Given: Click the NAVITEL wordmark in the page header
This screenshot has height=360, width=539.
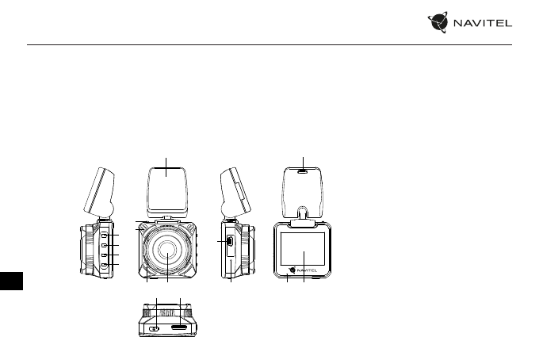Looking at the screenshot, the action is pyautogui.click(x=482, y=23).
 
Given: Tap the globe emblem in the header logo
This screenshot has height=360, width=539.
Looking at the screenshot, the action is pyautogui.click(x=438, y=22).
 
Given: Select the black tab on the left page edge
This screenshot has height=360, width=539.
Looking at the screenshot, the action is pyautogui.click(x=11, y=281).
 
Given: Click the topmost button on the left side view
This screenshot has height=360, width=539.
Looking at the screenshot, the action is pyautogui.click(x=104, y=235).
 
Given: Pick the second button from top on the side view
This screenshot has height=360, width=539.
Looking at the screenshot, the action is pyautogui.click(x=104, y=245).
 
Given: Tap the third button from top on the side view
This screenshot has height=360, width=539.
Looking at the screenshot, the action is pyautogui.click(x=104, y=255).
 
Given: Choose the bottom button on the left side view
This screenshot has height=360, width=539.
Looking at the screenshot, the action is pyautogui.click(x=104, y=265).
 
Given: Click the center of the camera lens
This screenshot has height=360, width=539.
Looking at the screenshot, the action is pyautogui.click(x=168, y=249).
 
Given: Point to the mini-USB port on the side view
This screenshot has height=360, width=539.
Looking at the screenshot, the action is pyautogui.click(x=230, y=241).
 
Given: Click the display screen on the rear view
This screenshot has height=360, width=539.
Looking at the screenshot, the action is pyautogui.click(x=303, y=249).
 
